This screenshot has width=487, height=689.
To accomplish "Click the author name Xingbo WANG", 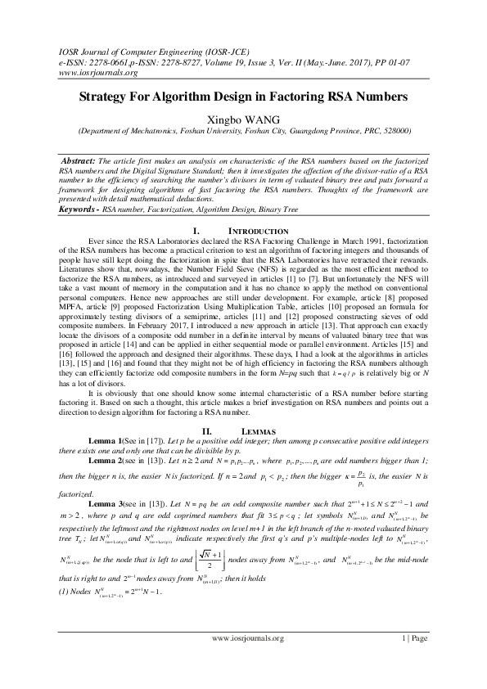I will (243, 117).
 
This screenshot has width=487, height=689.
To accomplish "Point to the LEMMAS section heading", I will (256, 429).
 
